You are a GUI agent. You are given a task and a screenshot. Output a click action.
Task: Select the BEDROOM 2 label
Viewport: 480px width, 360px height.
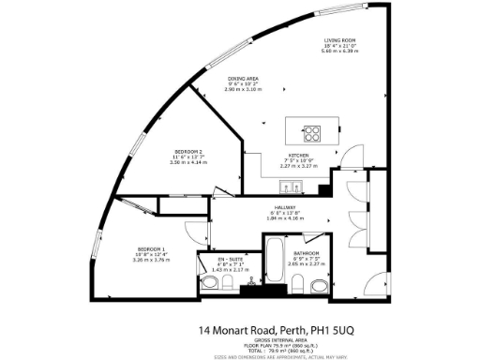point(188,152)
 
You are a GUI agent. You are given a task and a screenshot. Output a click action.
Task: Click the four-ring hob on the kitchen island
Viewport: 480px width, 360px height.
point(312,132)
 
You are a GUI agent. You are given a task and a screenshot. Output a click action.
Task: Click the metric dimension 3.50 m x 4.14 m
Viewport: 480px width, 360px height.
point(188,163)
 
